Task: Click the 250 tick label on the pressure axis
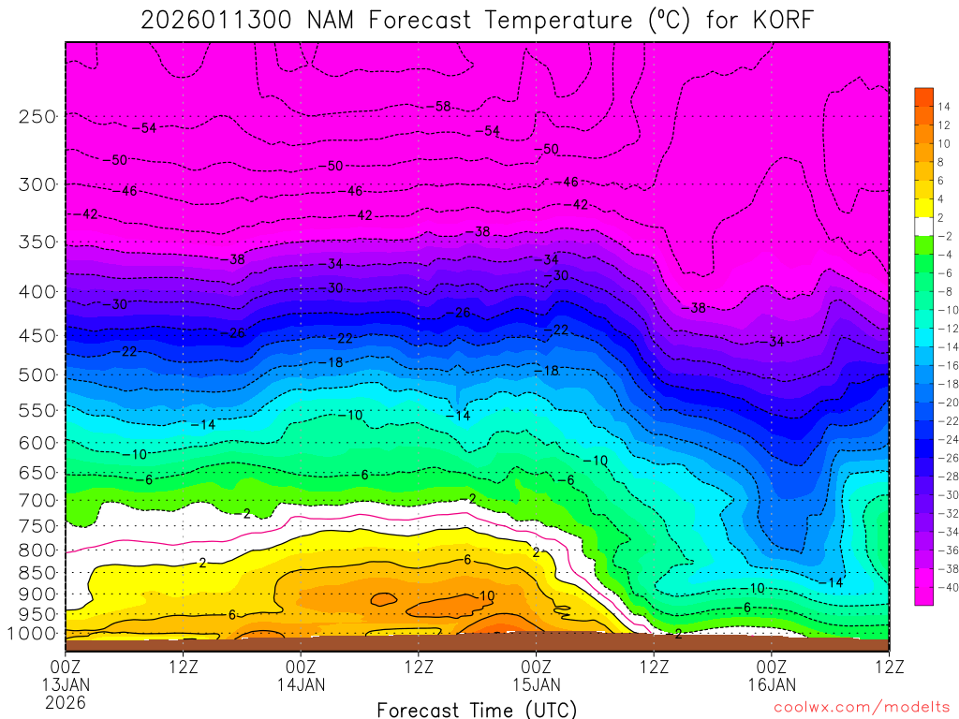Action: (x=37, y=117)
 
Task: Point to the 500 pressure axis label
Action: (x=37, y=375)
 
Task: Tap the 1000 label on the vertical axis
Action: (x=33, y=634)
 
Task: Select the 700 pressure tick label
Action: (x=37, y=498)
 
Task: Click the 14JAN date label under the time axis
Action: (x=301, y=684)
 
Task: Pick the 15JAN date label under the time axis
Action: (x=536, y=684)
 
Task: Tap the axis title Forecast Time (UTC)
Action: (x=477, y=709)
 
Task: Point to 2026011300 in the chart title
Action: (x=217, y=21)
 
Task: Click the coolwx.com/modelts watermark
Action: (x=861, y=709)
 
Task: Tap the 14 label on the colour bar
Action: (x=944, y=106)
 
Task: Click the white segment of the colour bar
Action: (x=923, y=226)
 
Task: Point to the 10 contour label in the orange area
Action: (x=487, y=596)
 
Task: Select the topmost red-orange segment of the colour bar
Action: (x=923, y=96)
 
